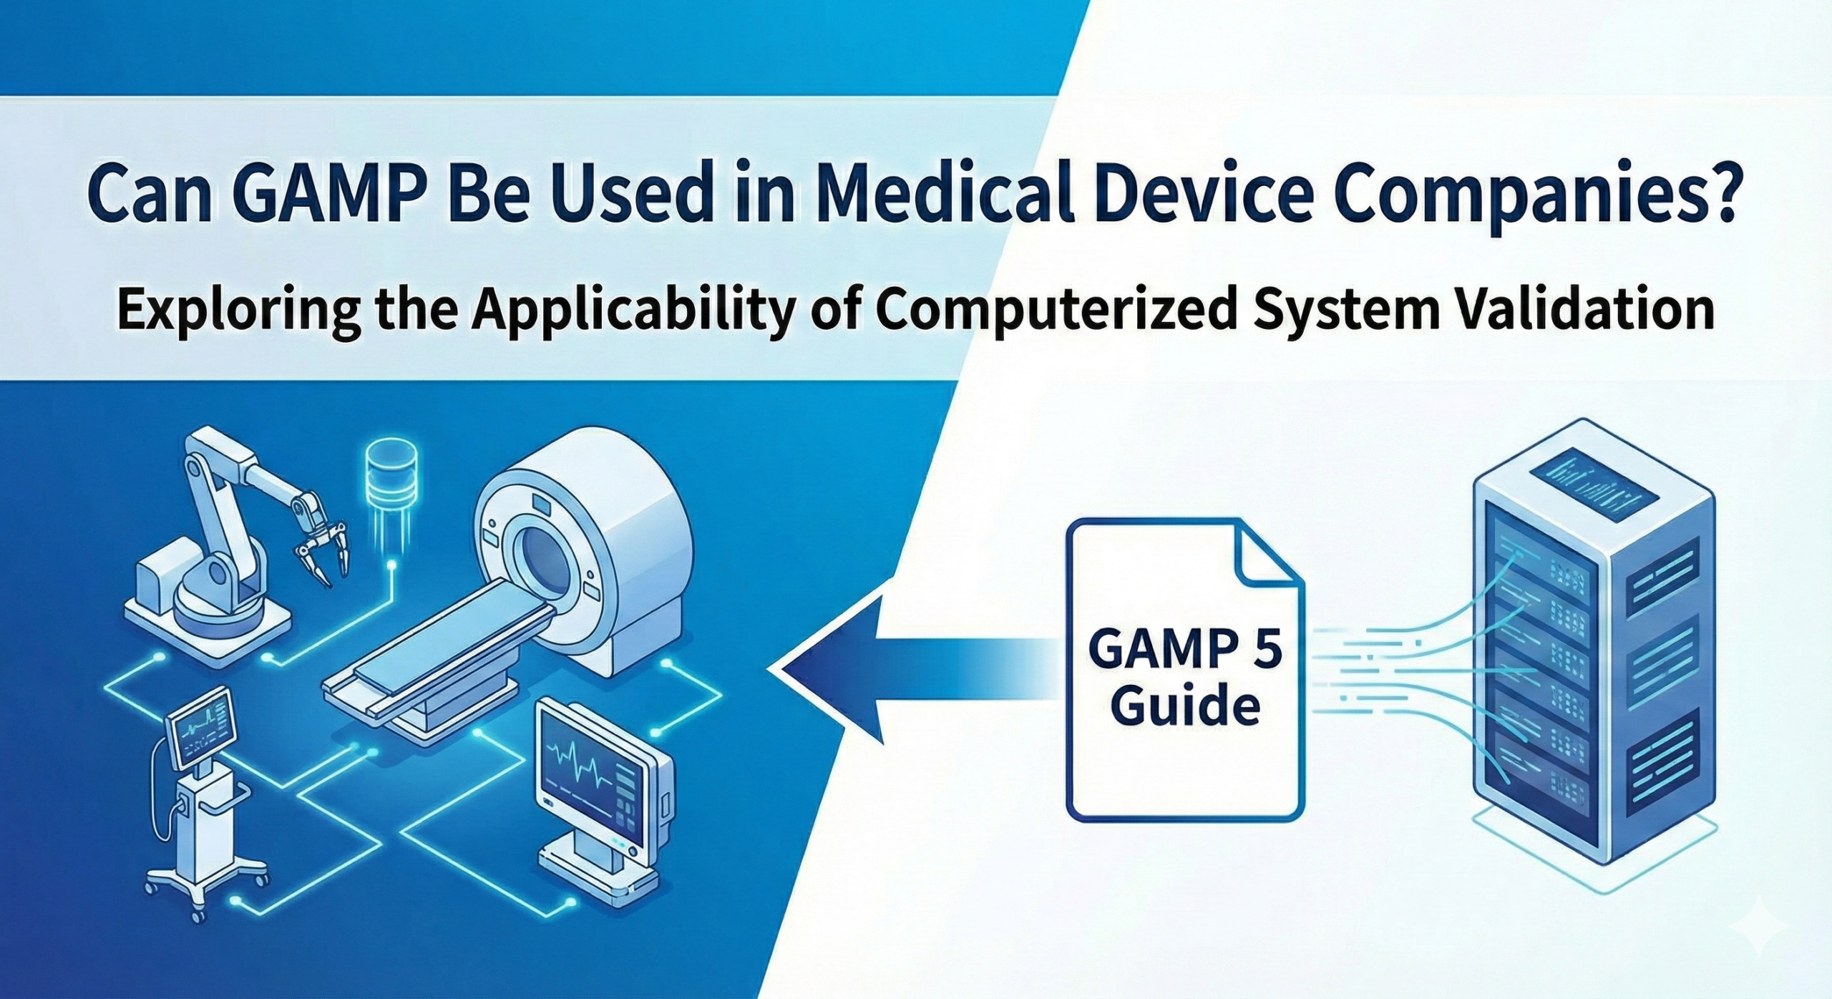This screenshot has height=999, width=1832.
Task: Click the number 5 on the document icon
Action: pyautogui.click(x=1257, y=652)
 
